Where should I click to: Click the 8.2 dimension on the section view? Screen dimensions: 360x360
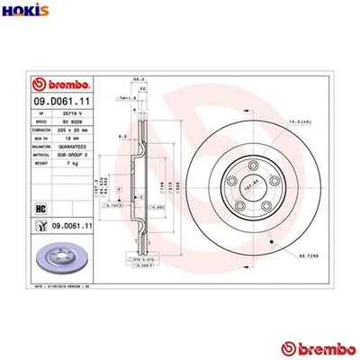coord(126,138)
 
